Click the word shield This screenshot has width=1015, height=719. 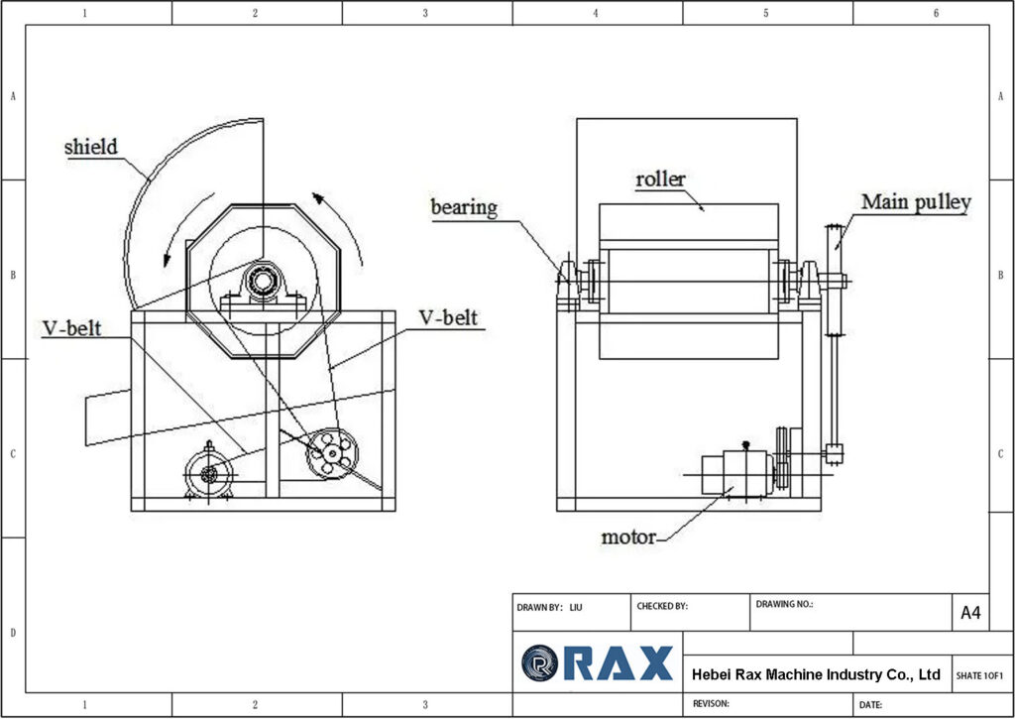point(90,148)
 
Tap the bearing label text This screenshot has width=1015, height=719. point(463,207)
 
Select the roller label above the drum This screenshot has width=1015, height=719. point(660,180)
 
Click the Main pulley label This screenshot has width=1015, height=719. point(915,202)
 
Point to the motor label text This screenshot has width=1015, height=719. point(628,538)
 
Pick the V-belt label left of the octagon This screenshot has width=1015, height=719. point(71,328)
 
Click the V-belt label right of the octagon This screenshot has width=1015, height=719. point(449,318)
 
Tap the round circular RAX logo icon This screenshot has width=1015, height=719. point(540,662)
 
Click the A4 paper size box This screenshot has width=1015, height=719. point(970,613)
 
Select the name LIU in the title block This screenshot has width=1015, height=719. point(576,606)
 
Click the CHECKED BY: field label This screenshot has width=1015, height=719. point(662,605)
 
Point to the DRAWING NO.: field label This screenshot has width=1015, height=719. point(784,603)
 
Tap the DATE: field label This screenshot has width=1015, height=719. point(871,704)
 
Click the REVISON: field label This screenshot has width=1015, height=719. point(711,703)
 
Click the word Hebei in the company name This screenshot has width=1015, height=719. point(713,674)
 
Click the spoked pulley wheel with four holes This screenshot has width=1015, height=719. point(331,454)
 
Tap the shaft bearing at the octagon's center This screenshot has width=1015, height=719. point(263,282)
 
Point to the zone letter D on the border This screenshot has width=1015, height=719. point(12,632)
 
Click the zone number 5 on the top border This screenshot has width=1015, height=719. point(766,13)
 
